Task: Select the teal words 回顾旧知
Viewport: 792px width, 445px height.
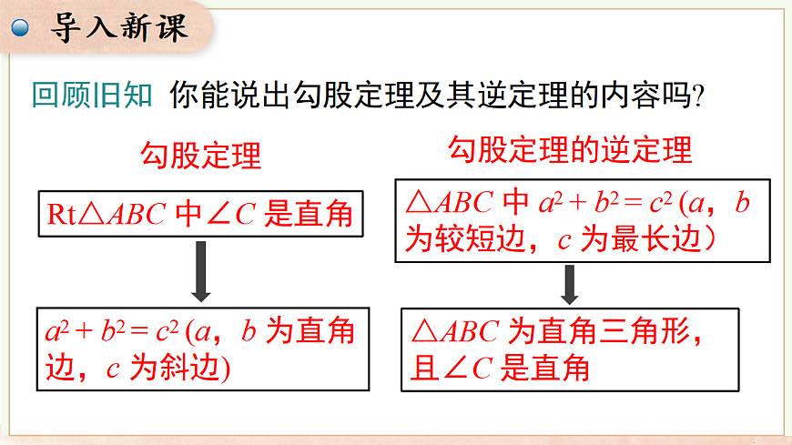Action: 91,96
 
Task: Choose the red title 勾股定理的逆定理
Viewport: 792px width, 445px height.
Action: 570,148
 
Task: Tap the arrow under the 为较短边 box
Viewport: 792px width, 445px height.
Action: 570,284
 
